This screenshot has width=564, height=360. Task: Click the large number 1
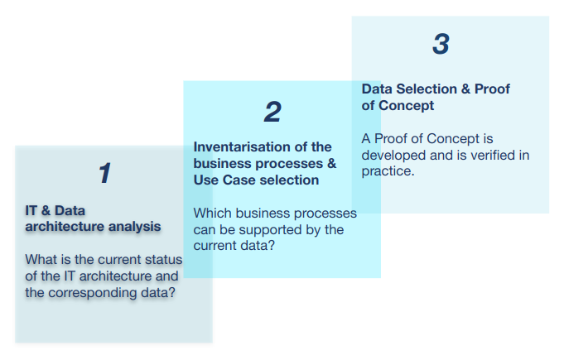pyautogui.click(x=105, y=173)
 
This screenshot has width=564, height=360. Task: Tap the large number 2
pyautogui.click(x=272, y=112)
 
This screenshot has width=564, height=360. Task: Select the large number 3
pyautogui.click(x=441, y=44)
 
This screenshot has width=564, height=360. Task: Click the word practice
pyautogui.click(x=388, y=172)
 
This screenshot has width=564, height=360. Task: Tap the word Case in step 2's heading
pyautogui.click(x=239, y=180)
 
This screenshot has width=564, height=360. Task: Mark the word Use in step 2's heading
pyautogui.click(x=206, y=180)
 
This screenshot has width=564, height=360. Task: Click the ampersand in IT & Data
pyautogui.click(x=46, y=210)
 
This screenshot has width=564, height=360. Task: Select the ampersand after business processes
pyautogui.click(x=331, y=164)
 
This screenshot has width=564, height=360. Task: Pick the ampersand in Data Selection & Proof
pyautogui.click(x=465, y=89)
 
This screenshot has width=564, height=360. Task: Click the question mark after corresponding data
pyautogui.click(x=171, y=292)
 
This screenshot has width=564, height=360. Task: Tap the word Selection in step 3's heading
pyautogui.click(x=427, y=89)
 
